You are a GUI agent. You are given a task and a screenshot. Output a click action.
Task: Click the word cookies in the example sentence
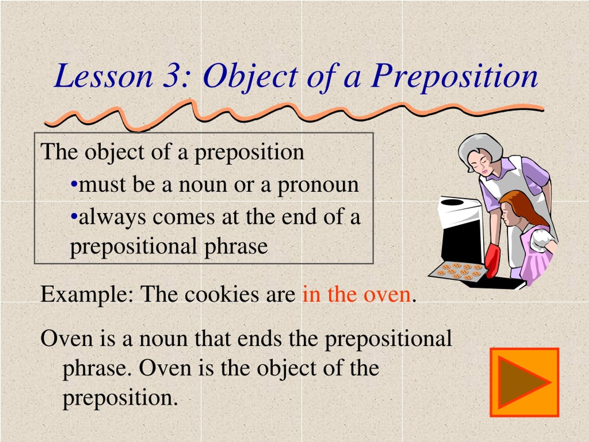click(221, 295)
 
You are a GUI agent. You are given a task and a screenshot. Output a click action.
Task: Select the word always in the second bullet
click(112, 217)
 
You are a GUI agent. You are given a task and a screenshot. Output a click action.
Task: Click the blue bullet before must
click(74, 184)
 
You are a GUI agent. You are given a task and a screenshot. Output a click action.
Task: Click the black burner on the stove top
click(452, 202)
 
